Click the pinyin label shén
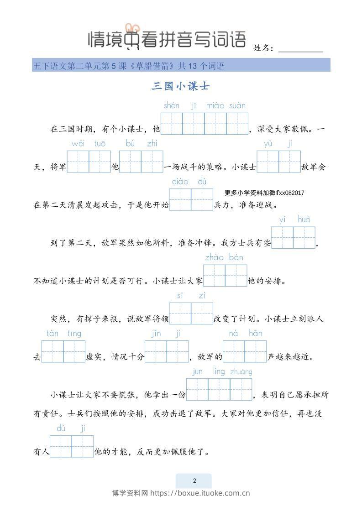pyautogui.click(x=172, y=106)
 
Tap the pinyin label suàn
pyautogui.click(x=237, y=106)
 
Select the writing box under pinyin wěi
pyautogui.click(x=78, y=162)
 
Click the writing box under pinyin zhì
pyautogui.click(x=152, y=162)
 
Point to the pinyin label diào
pyautogui.click(x=180, y=182)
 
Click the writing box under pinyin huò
pyautogui.click(x=304, y=237)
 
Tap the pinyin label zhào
pyautogui.click(x=214, y=257)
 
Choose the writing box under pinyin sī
pyautogui.click(x=180, y=313)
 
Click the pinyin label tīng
pyautogui.click(x=74, y=334)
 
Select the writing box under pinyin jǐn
pyautogui.click(x=156, y=351)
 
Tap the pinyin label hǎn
pyautogui.click(x=256, y=334)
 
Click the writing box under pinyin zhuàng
pyautogui.click(x=241, y=389)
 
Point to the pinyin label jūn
pyautogui.click(x=198, y=372)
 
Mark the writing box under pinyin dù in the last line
pyautogui.click(x=61, y=446)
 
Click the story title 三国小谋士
pyautogui.click(x=180, y=86)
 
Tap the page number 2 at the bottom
pyautogui.click(x=194, y=481)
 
